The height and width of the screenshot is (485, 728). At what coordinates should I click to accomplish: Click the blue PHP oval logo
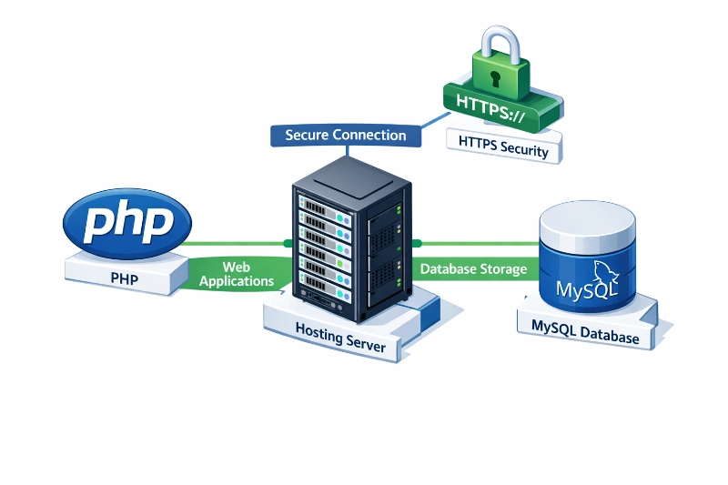point(126,221)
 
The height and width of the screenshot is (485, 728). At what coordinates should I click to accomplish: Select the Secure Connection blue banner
point(345,136)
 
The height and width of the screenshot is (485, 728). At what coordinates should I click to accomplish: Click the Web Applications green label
point(237,274)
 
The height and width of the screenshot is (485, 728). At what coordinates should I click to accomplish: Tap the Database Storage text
point(473,269)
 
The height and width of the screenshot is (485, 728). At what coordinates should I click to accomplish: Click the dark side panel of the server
point(387,246)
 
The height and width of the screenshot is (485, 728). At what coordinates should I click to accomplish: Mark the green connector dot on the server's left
point(288,243)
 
